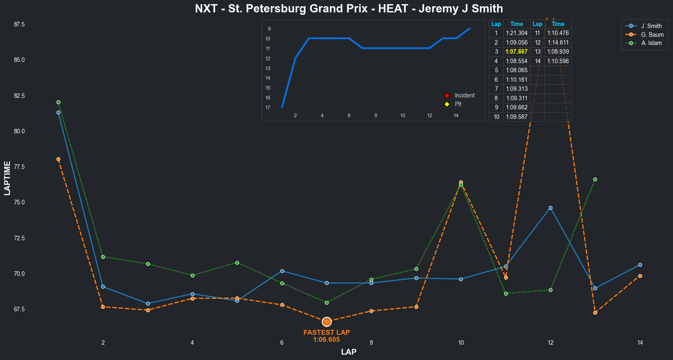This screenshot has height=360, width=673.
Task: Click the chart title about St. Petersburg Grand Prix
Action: click(x=349, y=9)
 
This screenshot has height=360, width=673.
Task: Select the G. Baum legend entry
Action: click(x=652, y=35)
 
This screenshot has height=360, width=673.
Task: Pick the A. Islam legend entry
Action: click(x=651, y=43)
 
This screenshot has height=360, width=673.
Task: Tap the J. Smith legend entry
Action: click(x=651, y=26)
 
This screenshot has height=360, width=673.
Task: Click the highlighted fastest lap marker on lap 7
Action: click(x=327, y=322)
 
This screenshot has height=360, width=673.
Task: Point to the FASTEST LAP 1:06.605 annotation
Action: click(x=327, y=336)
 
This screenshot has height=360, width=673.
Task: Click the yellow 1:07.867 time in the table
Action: click(x=517, y=52)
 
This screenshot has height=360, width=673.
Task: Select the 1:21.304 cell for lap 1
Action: click(x=517, y=33)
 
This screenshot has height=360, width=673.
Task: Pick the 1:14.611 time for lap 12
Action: click(x=558, y=43)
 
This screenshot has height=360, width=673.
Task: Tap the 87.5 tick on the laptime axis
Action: click(x=19, y=24)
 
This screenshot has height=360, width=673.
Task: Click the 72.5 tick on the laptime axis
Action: click(x=19, y=238)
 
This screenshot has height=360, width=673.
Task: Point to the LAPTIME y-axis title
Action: click(x=7, y=178)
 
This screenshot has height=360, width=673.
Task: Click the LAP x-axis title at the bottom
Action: click(x=349, y=352)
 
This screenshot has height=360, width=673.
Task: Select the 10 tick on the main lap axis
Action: click(x=461, y=343)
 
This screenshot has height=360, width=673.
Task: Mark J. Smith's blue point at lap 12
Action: click(x=550, y=208)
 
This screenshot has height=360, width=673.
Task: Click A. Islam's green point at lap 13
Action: click(x=595, y=179)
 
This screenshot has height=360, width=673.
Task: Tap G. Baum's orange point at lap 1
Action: click(x=58, y=159)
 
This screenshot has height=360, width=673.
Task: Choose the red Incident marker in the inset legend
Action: click(x=447, y=95)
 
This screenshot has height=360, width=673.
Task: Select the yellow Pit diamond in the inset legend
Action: click(x=447, y=104)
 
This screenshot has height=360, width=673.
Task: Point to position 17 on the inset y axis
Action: click(x=268, y=108)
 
